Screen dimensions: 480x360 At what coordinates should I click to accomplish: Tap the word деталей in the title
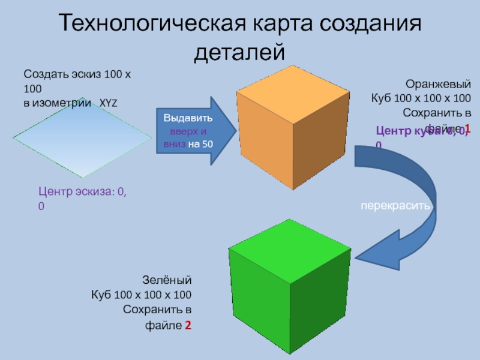[x=239, y=52]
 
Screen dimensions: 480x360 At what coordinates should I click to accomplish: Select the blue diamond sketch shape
[x=82, y=139]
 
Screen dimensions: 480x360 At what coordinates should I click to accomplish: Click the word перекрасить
[x=395, y=205]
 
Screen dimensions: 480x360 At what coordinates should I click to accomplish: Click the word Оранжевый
[x=438, y=85]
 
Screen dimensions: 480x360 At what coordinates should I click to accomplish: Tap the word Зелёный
[x=167, y=280]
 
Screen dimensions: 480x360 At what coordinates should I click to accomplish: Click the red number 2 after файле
[x=188, y=325]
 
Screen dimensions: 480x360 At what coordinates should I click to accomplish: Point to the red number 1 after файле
[x=467, y=129]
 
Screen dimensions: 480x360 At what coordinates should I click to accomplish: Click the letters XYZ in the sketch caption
[x=109, y=103]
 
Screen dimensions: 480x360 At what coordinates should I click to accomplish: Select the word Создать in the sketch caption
[x=44, y=75]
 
